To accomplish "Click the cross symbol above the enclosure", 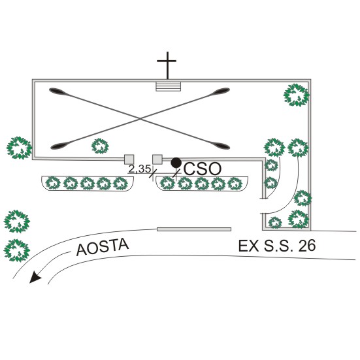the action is point(167,65).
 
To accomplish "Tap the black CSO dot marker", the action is point(176,163).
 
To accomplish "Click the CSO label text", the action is point(203,169).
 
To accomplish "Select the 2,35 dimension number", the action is point(139,169).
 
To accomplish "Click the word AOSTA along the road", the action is point(103,247).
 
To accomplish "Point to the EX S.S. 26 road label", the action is point(277,246).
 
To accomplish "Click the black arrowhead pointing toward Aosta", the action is point(35,276).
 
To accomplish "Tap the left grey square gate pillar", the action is point(129,159).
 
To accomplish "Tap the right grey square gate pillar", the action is point(157,159).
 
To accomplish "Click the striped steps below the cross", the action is point(169,86).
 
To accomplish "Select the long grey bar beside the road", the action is point(194,229).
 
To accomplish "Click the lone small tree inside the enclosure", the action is point(100,146).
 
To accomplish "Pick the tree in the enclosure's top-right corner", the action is point(297,95).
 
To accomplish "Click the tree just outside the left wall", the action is point(19,148).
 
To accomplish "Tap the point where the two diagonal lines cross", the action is point(140,118).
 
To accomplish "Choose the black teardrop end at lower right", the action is point(220,145).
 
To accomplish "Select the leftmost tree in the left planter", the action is point(53,183).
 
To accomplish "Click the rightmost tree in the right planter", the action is point(235,184).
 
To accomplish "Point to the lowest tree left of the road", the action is point(17,251).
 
